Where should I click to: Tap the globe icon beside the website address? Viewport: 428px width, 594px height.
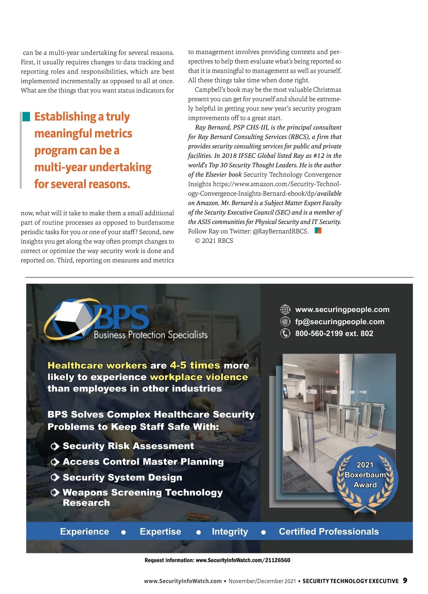(285, 309)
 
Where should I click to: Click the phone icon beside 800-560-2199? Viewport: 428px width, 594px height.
(285, 333)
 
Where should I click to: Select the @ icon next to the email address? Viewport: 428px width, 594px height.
(285, 321)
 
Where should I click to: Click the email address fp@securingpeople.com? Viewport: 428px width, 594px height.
(340, 321)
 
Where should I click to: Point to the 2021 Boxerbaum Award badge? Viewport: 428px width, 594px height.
(365, 476)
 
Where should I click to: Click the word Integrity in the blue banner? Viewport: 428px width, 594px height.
(230, 532)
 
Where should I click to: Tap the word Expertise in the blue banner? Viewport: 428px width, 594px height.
(160, 532)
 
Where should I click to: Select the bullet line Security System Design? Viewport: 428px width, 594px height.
(122, 477)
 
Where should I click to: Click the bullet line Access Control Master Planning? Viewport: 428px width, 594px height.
(143, 462)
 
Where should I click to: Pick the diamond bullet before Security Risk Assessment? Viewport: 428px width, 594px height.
(55, 446)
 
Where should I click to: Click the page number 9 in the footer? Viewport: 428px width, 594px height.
(405, 580)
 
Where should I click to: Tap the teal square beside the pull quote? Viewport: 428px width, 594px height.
(26, 116)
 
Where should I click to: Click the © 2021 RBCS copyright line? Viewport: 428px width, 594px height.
(214, 241)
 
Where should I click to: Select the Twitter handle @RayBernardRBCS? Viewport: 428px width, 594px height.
(280, 231)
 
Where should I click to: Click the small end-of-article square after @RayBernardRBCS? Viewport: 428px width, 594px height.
(318, 230)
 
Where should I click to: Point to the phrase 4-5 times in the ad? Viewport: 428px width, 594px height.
(195, 365)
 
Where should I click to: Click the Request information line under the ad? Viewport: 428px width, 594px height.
(217, 560)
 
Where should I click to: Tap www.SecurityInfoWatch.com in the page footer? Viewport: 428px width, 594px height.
(183, 581)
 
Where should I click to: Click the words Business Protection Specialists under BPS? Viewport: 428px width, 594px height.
(151, 335)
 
